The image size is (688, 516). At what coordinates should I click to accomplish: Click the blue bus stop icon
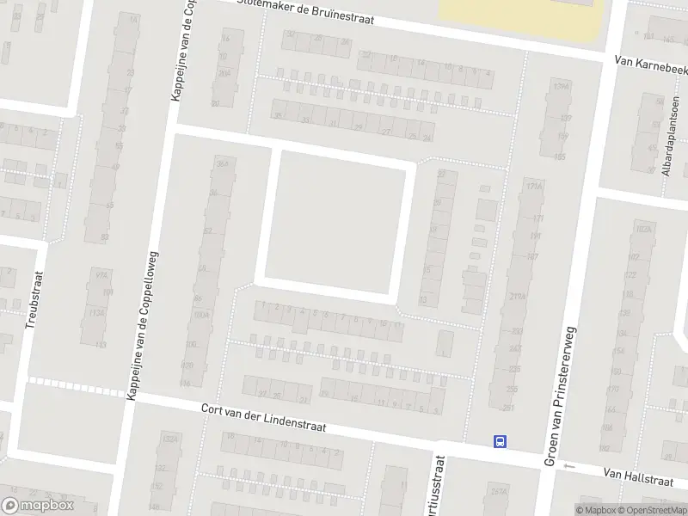(x=500, y=441)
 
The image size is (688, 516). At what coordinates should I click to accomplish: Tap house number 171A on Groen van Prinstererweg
(x=535, y=187)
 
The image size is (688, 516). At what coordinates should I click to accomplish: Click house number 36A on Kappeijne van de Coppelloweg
(x=224, y=163)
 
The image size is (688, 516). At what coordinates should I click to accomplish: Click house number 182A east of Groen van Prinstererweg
(x=642, y=230)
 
